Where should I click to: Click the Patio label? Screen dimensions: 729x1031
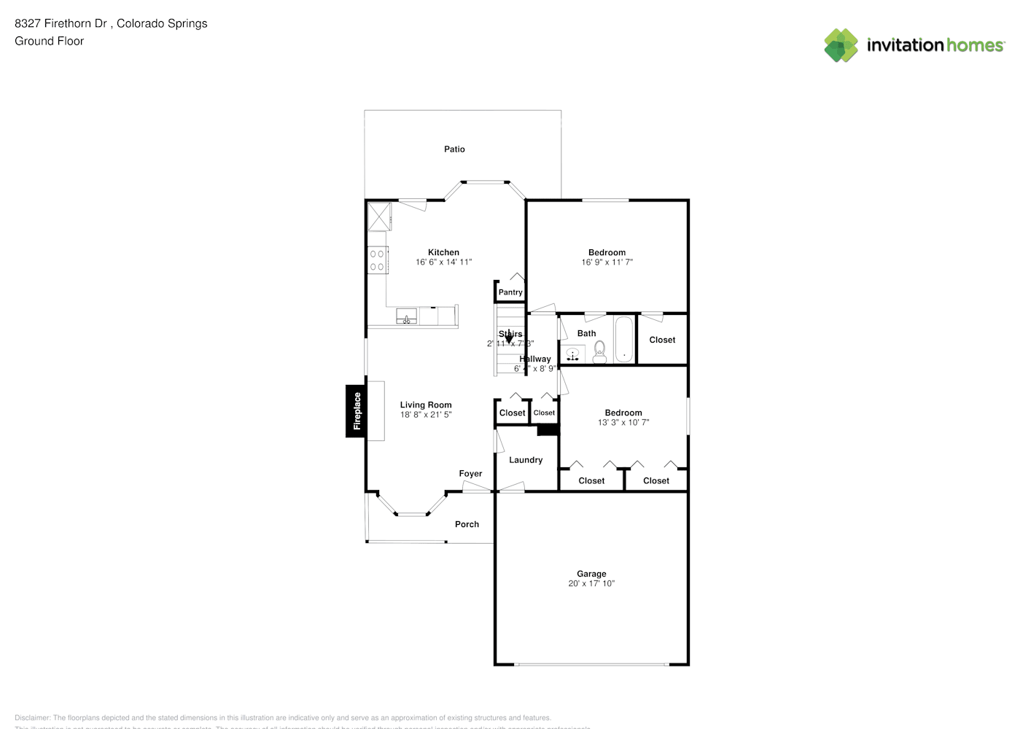coord(454,149)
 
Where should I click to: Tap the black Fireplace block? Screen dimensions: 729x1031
coord(356,411)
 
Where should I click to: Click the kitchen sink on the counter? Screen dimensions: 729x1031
coord(406,317)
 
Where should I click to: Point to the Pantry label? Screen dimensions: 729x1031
coord(510,292)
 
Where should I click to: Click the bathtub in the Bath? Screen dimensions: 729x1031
coord(624,340)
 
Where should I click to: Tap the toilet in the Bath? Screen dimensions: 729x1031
coord(599,352)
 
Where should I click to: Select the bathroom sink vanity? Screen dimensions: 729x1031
coord(573,355)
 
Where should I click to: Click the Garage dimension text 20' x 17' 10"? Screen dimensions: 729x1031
coord(591,584)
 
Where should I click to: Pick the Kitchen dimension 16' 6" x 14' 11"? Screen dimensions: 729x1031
coord(443,262)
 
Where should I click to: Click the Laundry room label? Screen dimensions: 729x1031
coord(526,460)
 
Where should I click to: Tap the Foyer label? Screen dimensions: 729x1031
coord(470,474)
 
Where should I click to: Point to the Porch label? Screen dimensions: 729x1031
coord(467,524)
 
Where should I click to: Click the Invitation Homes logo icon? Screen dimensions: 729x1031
coord(841,45)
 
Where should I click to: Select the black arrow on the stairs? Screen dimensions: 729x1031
coord(508,339)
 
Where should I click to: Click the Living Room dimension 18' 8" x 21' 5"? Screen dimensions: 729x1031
coord(426,415)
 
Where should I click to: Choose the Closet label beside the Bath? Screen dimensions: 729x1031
coord(662,340)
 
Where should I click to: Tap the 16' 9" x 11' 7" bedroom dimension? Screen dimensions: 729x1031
coord(607,262)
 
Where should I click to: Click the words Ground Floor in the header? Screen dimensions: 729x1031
coord(49,42)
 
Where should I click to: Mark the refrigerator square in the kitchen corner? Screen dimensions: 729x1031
coord(379,217)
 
